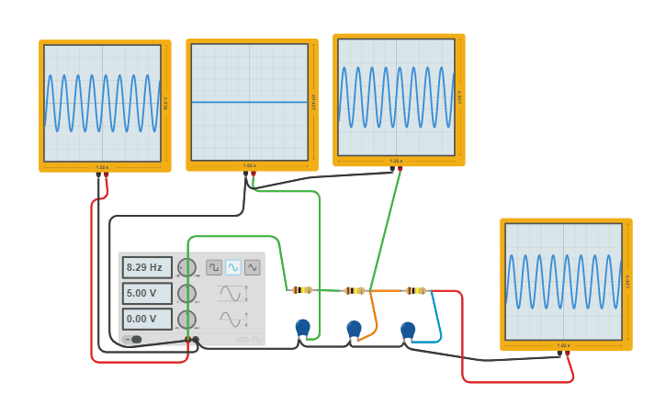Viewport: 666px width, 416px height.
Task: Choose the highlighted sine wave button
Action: [233, 267]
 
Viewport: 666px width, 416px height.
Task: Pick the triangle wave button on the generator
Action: [253, 267]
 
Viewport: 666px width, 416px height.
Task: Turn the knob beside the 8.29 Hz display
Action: [186, 267]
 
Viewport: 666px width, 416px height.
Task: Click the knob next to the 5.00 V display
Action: [186, 293]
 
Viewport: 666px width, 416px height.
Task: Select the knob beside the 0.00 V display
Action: [186, 319]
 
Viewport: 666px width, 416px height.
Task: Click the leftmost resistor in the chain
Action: [302, 290]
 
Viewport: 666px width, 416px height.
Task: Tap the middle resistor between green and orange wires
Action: [355, 290]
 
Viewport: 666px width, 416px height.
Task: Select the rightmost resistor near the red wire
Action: [416, 290]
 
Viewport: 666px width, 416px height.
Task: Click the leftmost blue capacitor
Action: [302, 326]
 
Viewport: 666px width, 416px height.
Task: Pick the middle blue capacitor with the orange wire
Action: [355, 328]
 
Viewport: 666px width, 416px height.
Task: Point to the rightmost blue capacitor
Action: [408, 329]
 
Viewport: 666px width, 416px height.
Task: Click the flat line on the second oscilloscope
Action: [249, 102]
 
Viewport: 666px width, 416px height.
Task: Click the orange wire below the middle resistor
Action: [375, 317]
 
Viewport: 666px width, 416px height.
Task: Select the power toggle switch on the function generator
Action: [134, 340]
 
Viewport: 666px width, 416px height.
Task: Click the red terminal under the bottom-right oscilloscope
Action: [567, 354]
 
